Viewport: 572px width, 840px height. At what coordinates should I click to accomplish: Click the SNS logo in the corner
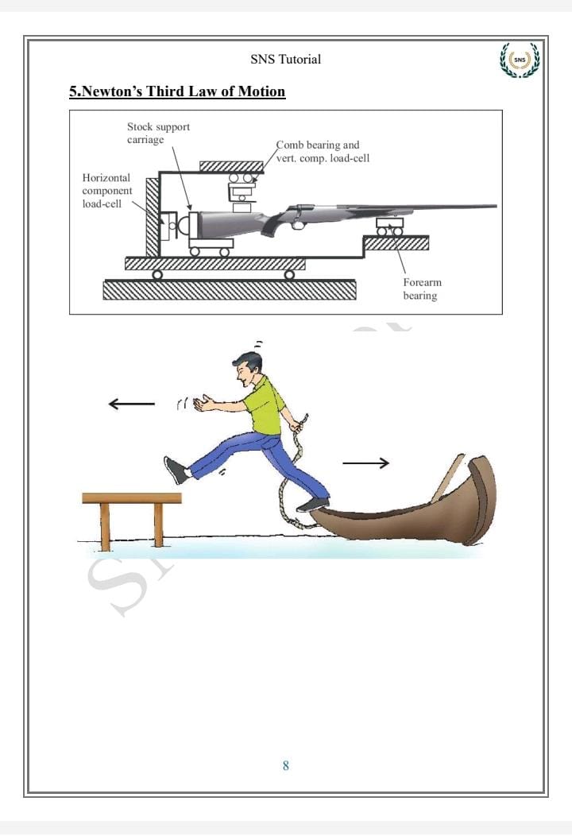click(520, 60)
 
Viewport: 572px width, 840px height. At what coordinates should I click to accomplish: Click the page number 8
click(285, 765)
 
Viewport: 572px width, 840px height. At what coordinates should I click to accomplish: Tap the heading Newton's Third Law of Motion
click(177, 91)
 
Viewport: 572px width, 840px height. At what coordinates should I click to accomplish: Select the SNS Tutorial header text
click(285, 59)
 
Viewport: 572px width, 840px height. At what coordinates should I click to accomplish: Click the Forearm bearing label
click(423, 288)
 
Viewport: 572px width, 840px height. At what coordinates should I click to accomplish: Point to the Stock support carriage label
click(158, 133)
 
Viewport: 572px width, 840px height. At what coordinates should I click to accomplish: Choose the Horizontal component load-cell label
click(106, 191)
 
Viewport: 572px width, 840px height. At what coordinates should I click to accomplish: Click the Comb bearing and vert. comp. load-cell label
click(323, 152)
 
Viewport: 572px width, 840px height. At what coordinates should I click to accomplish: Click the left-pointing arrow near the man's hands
click(131, 404)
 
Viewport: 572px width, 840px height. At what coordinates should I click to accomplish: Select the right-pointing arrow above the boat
click(365, 463)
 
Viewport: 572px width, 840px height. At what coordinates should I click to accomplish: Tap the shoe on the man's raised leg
click(176, 470)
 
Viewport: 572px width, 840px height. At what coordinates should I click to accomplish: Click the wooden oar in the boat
click(447, 478)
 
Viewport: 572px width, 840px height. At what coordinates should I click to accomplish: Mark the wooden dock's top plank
click(132, 498)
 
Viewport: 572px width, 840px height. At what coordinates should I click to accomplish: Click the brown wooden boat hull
click(406, 514)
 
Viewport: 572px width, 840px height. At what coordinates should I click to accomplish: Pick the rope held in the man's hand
click(292, 471)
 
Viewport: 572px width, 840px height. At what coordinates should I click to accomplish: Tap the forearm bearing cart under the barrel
click(389, 227)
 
